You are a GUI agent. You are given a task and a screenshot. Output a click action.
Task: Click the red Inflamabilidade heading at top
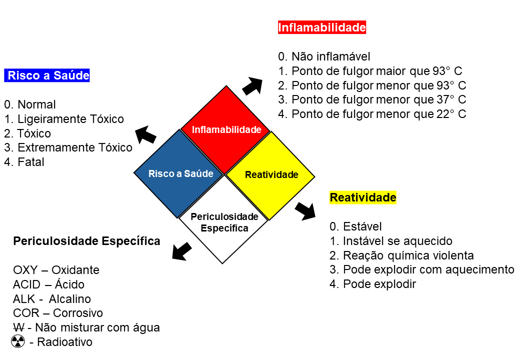point(322,27)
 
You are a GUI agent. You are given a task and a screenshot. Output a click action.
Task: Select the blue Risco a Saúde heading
point(47,75)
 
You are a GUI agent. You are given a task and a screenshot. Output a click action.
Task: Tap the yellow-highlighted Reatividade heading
point(363,197)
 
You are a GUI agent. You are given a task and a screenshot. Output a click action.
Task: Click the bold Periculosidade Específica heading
point(86,241)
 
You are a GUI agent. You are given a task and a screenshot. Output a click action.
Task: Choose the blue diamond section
point(179,173)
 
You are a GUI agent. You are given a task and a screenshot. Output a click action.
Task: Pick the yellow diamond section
point(270,175)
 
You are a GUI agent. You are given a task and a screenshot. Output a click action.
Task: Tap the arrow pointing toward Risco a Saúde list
point(145,134)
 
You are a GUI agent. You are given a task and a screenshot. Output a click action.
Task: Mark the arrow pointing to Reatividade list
point(305,211)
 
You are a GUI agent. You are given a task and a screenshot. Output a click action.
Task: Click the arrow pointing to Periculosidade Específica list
point(181,251)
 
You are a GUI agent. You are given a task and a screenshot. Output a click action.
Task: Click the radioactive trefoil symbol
point(18,341)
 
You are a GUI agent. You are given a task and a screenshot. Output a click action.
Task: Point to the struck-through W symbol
point(19,327)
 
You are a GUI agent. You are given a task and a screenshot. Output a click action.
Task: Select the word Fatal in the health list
point(31,162)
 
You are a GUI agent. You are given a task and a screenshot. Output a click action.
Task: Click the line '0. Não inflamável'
point(324,56)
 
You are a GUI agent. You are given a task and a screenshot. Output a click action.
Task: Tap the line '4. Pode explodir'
point(373,284)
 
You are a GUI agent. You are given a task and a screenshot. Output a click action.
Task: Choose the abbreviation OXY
point(25,270)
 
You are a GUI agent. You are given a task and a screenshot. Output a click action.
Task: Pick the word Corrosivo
point(78,313)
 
